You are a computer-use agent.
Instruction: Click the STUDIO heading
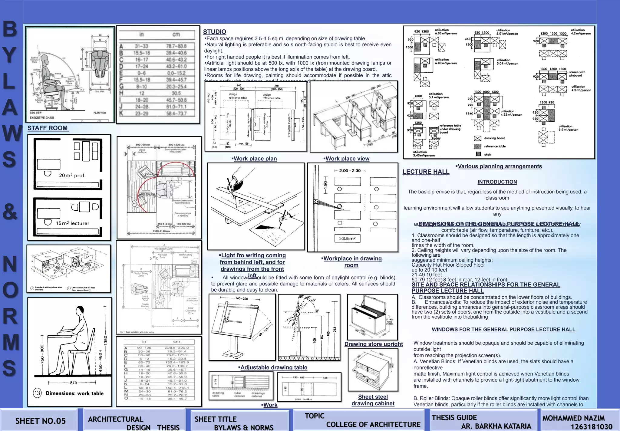pyautogui.click(x=214, y=32)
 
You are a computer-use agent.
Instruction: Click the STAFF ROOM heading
pyautogui.click(x=48, y=128)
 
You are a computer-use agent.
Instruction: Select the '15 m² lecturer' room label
pyautogui.click(x=72, y=223)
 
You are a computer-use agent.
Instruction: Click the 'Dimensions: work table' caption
pyautogui.click(x=74, y=393)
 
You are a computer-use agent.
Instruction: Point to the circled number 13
pyautogui.click(x=37, y=393)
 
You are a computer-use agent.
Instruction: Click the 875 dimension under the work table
pyautogui.click(x=73, y=383)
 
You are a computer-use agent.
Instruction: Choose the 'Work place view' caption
pyautogui.click(x=347, y=159)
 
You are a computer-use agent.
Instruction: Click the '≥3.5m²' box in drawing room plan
pyautogui.click(x=347, y=239)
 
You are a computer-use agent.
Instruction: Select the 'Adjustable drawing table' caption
pyautogui.click(x=273, y=367)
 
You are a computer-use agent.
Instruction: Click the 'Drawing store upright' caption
pyautogui.click(x=373, y=344)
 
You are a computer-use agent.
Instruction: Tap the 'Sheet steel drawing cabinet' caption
pyautogui.click(x=373, y=400)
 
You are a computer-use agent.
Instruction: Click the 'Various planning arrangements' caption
pyautogui.click(x=500, y=166)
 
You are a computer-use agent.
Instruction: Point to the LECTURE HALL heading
pyautogui.click(x=426, y=172)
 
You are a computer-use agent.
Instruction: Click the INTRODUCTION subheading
pyautogui.click(x=497, y=182)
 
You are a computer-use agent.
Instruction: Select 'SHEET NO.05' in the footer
pyautogui.click(x=40, y=421)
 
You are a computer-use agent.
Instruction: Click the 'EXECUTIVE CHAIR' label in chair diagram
pyautogui.click(x=42, y=118)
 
